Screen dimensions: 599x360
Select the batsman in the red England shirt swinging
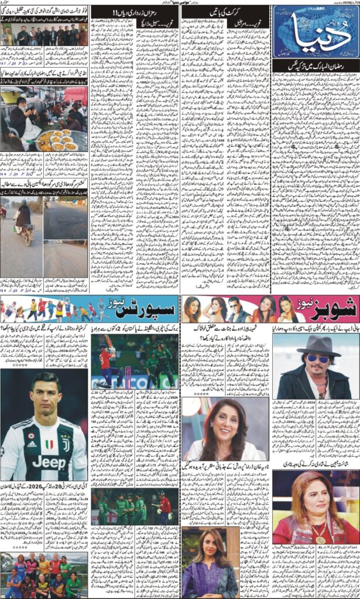(106, 363)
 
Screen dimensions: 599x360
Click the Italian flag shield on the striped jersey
(31, 437)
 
